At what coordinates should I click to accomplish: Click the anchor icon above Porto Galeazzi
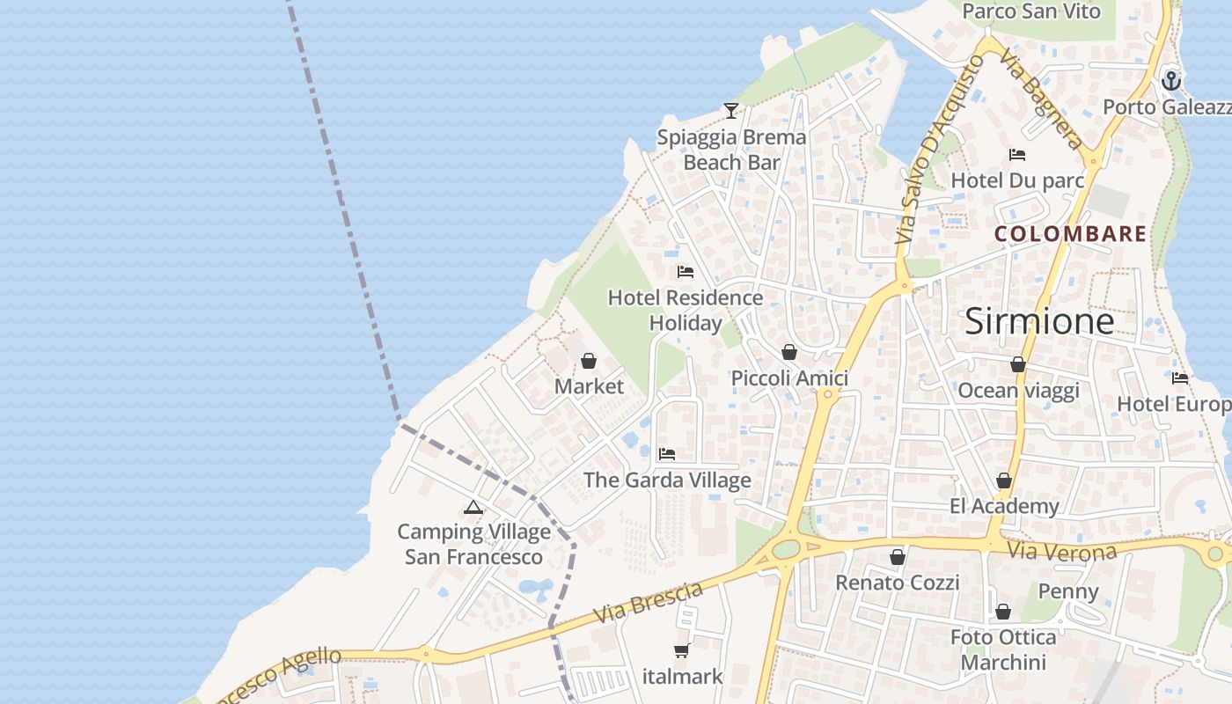click(1170, 82)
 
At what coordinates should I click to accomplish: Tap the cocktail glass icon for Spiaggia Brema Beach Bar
click(730, 110)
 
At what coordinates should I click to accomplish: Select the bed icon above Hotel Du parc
click(1017, 155)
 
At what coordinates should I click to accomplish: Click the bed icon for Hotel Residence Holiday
click(686, 272)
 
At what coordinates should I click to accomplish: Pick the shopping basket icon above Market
click(589, 361)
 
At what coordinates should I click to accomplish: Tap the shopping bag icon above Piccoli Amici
click(789, 352)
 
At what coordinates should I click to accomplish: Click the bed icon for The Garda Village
click(667, 454)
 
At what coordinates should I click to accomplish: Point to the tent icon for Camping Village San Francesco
click(473, 507)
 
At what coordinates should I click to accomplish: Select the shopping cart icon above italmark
click(681, 650)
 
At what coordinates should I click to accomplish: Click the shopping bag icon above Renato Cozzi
click(898, 557)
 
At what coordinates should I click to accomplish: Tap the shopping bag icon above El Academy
click(1004, 480)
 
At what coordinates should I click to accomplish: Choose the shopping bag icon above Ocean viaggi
click(1018, 364)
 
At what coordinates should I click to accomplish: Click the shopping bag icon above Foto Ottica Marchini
click(1003, 612)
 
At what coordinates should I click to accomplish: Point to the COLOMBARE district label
click(1071, 234)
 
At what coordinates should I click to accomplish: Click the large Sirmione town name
click(1039, 321)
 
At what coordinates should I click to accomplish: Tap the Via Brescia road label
click(649, 602)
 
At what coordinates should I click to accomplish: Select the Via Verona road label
click(1062, 552)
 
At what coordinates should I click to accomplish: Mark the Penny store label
click(1068, 590)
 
